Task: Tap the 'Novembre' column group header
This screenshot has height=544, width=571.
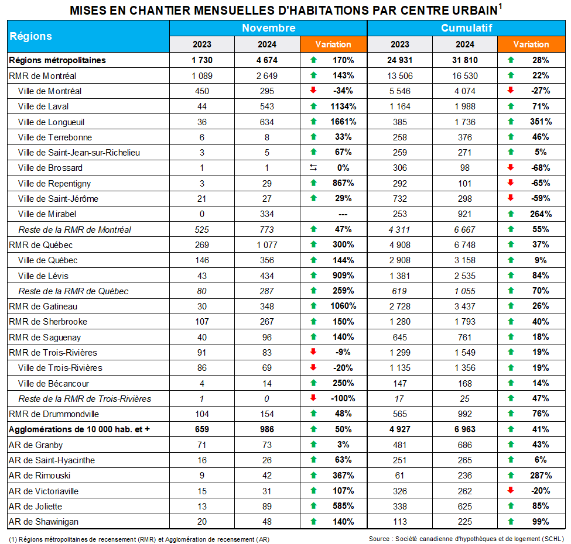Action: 268,28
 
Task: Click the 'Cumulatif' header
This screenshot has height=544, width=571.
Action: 466,28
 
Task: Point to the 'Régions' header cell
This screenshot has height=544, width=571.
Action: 30,36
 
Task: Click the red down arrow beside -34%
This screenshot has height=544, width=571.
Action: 313,91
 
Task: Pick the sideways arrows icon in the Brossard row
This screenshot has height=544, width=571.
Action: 313,168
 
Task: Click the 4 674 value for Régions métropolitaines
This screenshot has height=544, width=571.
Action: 267,60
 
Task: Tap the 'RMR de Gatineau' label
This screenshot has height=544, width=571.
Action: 43,306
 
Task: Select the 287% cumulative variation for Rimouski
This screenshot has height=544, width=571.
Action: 540,476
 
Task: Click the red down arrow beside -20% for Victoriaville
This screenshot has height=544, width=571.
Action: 511,491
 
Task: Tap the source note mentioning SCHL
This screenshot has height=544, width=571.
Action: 466,539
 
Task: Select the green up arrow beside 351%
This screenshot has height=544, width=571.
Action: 511,122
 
